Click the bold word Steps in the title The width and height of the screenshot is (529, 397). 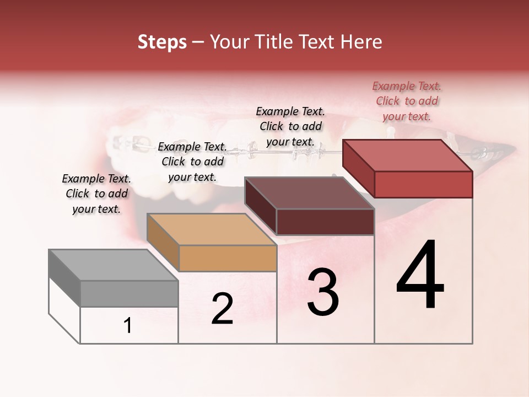tap(162, 42)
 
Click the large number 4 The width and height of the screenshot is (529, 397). tap(420, 275)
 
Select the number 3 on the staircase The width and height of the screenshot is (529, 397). tap(323, 292)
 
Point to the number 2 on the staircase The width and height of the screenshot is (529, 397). tap(222, 308)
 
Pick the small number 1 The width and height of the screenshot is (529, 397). tap(128, 326)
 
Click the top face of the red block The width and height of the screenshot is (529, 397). tap(408, 155)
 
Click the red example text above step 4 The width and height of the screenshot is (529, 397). tap(407, 101)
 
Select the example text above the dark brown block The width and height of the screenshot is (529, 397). tap(290, 126)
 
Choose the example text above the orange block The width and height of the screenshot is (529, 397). tap(192, 162)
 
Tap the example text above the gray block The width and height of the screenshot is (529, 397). tap(96, 194)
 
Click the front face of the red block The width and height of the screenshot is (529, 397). tap(423, 184)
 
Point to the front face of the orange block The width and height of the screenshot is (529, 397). tap(228, 258)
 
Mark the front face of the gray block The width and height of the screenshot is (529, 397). tap(129, 293)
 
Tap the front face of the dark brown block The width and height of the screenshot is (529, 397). tap(325, 222)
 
